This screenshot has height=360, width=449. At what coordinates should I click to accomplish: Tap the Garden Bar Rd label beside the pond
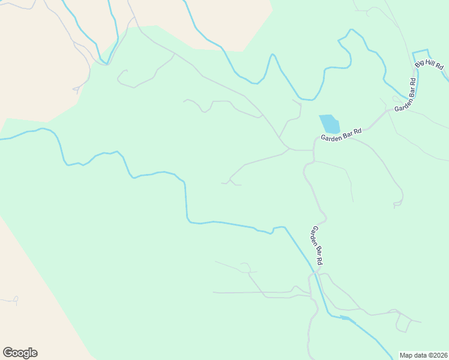pyautogui.click(x=341, y=134)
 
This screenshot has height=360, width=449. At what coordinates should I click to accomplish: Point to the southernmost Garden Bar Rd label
pyautogui.click(x=318, y=246)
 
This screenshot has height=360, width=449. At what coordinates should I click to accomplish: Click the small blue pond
pyautogui.click(x=329, y=124)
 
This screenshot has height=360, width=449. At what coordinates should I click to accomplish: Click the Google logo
pyautogui.click(x=20, y=353)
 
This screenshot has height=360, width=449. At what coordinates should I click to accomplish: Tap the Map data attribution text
pyautogui.click(x=423, y=355)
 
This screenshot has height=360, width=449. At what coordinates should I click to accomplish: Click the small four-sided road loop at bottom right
pyautogui.click(x=402, y=323)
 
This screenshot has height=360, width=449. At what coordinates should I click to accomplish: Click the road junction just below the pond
pyautogui.click(x=313, y=149)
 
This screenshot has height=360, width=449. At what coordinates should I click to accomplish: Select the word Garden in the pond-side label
pyautogui.click(x=331, y=137)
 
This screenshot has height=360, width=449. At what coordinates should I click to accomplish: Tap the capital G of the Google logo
pyautogui.click(x=7, y=353)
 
